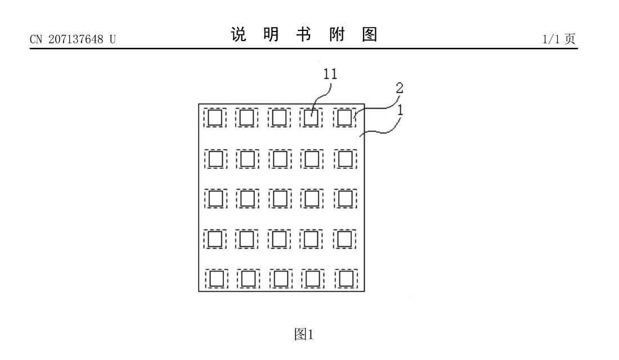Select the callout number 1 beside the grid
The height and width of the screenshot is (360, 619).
(400, 110)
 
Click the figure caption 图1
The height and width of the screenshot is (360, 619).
(304, 334)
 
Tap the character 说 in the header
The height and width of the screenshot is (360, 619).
(238, 35)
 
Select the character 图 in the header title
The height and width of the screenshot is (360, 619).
(369, 35)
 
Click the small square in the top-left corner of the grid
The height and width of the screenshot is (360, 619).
(214, 118)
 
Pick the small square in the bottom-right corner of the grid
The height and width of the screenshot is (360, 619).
(346, 278)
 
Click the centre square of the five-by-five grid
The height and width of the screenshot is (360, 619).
(280, 199)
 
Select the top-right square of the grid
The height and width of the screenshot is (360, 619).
(345, 118)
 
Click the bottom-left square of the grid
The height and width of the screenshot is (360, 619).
(214, 278)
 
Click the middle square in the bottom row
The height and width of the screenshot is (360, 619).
(280, 278)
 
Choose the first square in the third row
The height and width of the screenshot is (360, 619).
(214, 199)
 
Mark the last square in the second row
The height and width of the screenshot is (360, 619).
(345, 159)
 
